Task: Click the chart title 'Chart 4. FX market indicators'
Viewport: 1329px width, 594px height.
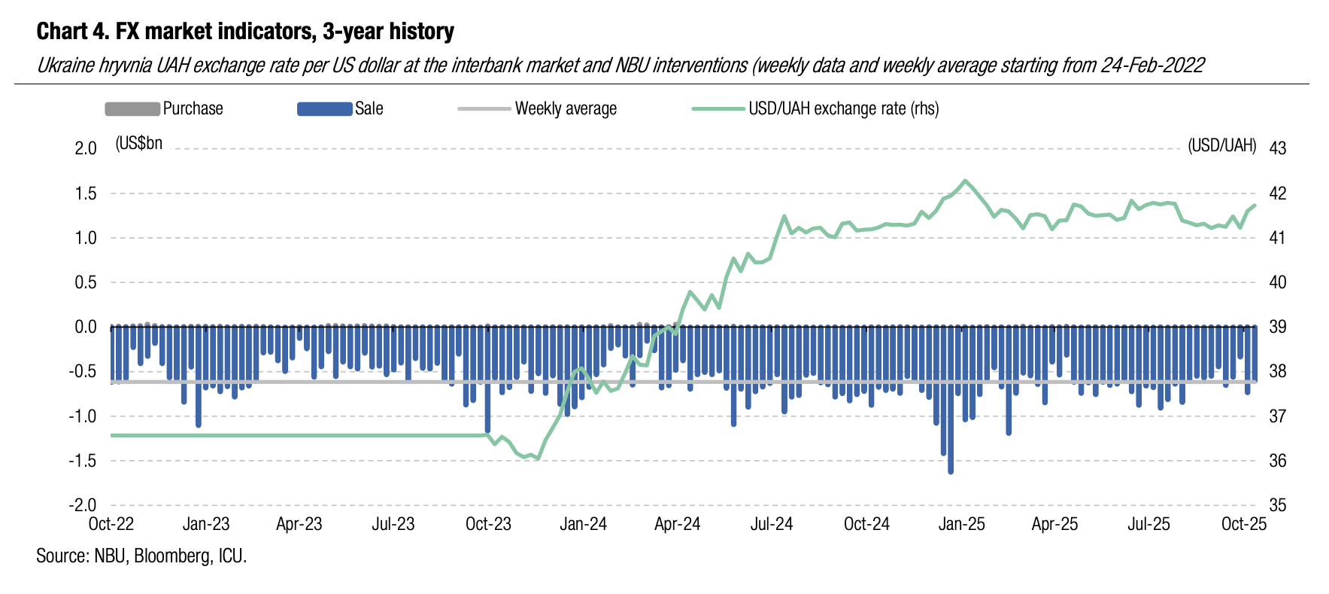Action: (245, 32)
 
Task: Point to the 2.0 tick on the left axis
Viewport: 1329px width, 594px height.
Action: (86, 148)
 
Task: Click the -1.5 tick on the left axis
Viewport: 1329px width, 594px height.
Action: (83, 461)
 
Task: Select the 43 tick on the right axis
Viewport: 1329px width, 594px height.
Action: (1277, 148)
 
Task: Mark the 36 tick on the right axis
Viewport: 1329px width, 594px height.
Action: (1277, 461)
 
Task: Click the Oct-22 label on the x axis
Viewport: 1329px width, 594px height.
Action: (111, 524)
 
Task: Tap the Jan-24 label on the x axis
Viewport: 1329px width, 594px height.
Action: (583, 524)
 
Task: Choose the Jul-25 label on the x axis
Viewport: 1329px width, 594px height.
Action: (1148, 524)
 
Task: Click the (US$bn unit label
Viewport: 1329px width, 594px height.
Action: (139, 143)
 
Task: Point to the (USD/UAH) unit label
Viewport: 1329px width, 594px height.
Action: (1221, 145)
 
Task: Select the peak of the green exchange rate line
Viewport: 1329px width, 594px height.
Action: (965, 181)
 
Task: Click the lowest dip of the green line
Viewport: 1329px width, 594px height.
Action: (536, 458)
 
